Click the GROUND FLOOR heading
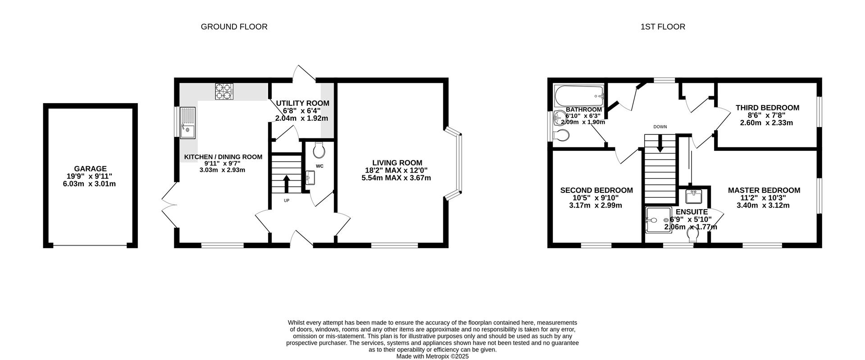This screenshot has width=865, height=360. click(x=234, y=27)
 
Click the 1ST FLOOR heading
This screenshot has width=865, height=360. click(x=663, y=27)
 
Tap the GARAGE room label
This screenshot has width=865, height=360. click(x=91, y=169)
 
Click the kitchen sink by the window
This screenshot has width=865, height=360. click(x=188, y=123)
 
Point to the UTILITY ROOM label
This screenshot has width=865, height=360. click(x=302, y=103)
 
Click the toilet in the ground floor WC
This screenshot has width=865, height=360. click(x=319, y=150)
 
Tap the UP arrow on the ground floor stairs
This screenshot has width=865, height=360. click(x=286, y=184)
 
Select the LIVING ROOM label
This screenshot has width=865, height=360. click(x=397, y=163)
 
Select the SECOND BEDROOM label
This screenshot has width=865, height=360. click(x=596, y=191)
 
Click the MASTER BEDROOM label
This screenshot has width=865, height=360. click(x=764, y=191)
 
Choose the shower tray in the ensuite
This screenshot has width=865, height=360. click(x=659, y=220)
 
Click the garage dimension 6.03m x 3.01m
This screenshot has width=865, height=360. click(x=90, y=184)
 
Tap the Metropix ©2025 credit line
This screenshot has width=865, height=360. click(x=432, y=356)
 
